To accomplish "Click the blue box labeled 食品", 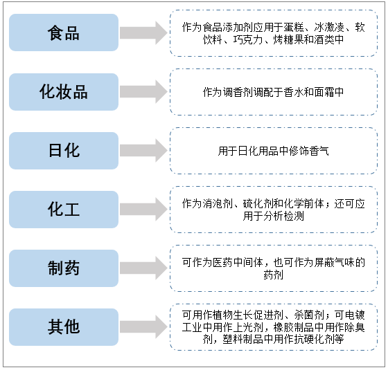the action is (x=64, y=33).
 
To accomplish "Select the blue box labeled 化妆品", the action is (x=64, y=92).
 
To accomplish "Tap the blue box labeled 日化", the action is (x=64, y=151).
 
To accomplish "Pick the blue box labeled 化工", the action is (x=64, y=210).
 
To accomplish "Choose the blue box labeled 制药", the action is (x=64, y=268).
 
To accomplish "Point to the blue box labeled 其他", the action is (x=64, y=327).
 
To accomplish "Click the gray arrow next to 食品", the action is (x=143, y=33).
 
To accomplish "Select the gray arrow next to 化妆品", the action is (x=143, y=91).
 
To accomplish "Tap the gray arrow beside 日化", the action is (x=143, y=151).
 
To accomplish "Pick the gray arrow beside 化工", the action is (x=143, y=209).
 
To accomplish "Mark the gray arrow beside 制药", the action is (x=143, y=268).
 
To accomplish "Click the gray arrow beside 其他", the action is (x=143, y=326).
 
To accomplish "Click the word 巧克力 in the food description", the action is (x=248, y=40).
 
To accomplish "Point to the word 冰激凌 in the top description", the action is (x=329, y=28).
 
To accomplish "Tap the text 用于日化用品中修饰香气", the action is (x=274, y=151).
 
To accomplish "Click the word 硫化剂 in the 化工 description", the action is (x=258, y=204).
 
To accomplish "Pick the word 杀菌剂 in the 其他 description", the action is (x=309, y=315).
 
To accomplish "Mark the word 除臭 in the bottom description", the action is (x=355, y=327).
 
